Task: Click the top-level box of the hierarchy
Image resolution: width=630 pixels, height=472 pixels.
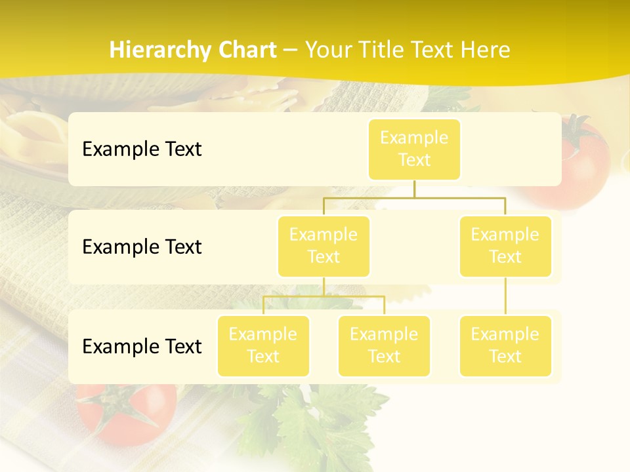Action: [x=414, y=149]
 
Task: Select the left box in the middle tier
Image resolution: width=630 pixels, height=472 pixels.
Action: [x=324, y=246]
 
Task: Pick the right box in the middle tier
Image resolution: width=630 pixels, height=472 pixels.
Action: [x=505, y=246]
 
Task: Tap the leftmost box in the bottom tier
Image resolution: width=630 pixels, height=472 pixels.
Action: [x=263, y=346]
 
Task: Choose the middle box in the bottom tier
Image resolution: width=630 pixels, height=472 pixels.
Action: [x=384, y=346]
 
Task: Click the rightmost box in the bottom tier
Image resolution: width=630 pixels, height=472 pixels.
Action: [x=505, y=346]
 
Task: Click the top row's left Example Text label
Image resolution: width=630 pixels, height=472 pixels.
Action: [x=142, y=149]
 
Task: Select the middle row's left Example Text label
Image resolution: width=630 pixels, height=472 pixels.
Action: [x=142, y=247]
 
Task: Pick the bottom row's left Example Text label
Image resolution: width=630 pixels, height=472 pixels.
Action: [x=142, y=347]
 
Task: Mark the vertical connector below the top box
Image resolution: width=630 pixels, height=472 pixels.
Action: [x=414, y=189]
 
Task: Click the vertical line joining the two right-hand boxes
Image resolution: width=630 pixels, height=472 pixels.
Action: [x=505, y=296]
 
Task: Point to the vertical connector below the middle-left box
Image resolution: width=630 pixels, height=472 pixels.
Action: [x=324, y=286]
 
